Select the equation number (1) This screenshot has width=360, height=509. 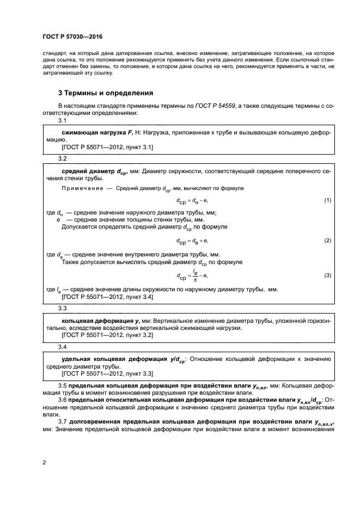pos(327,200)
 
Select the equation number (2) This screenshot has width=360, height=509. pos(327,240)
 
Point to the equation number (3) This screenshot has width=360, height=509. pos(327,275)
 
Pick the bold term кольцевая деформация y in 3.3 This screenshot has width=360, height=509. pos(94,321)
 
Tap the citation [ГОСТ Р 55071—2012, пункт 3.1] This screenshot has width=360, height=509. pos(107,147)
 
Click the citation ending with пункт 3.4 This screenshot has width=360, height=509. pos(107,297)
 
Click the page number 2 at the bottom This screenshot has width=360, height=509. pos(44,463)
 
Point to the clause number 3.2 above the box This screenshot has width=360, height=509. pos(62,158)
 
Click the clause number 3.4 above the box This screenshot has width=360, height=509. pos(62,347)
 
